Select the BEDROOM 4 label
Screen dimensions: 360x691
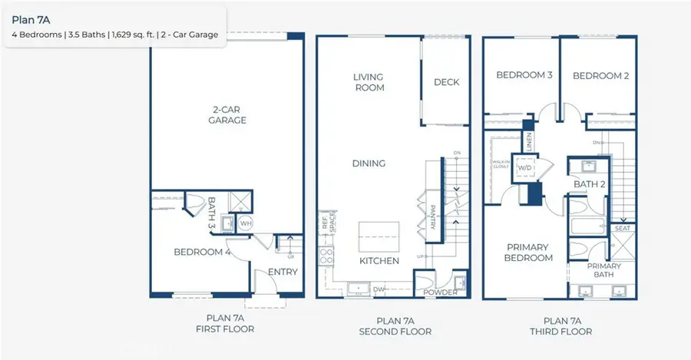(202, 252)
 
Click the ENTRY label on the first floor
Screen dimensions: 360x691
(283, 272)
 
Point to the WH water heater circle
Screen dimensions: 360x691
(246, 223)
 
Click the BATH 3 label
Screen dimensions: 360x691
(213, 212)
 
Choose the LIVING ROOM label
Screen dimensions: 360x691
(369, 82)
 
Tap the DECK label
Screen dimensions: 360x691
(446, 82)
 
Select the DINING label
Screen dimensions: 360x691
(369, 163)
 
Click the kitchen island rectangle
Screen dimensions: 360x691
(379, 234)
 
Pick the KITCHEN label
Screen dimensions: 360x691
(379, 261)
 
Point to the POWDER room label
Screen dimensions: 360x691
(441, 292)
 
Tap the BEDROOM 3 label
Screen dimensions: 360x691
(524, 75)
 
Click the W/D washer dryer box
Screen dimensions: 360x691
(527, 167)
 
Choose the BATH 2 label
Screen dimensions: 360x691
(590, 184)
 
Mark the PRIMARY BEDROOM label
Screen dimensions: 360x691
(529, 253)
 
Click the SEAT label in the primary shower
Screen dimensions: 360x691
(623, 228)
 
